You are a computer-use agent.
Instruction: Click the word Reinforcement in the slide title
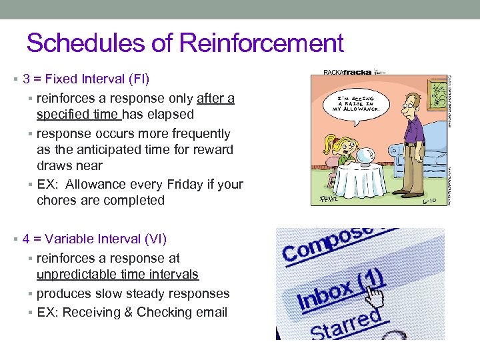[261, 43]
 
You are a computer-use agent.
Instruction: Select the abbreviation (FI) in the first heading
[137, 79]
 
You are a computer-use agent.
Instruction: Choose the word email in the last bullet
[210, 312]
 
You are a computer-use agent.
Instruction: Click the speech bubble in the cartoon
[357, 103]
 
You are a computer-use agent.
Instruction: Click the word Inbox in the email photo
[325, 294]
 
